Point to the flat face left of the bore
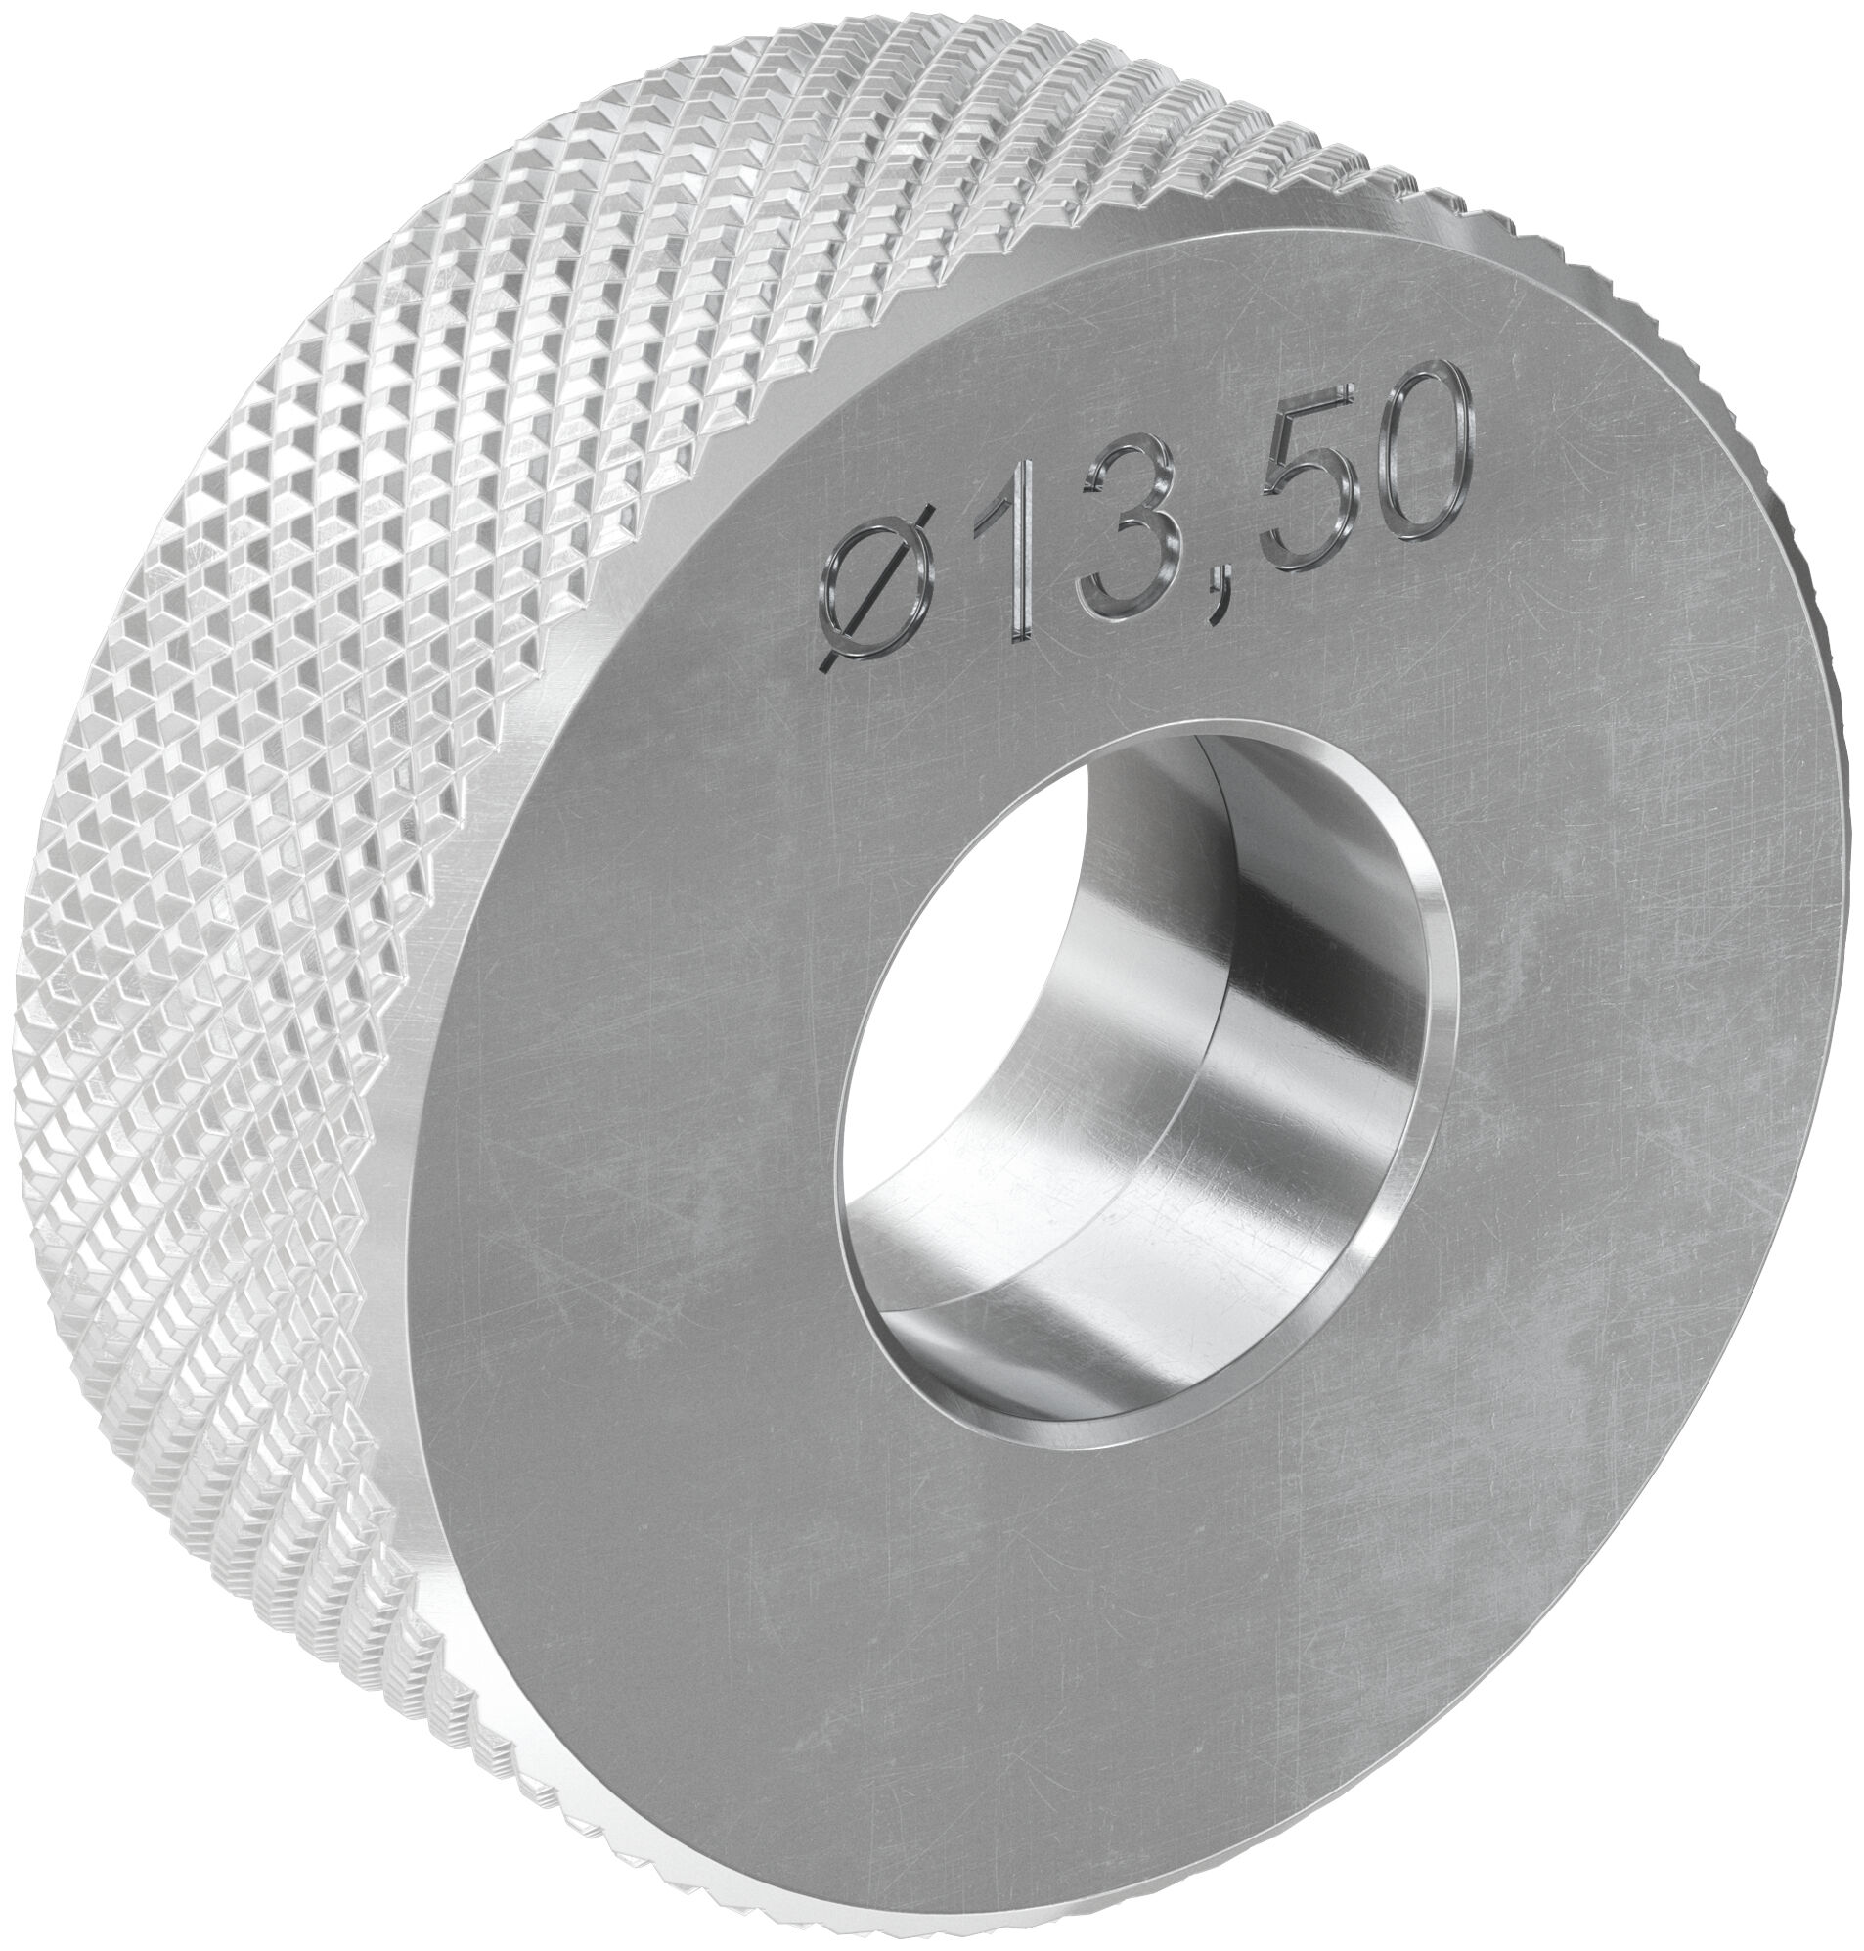[x=645, y=1093]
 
